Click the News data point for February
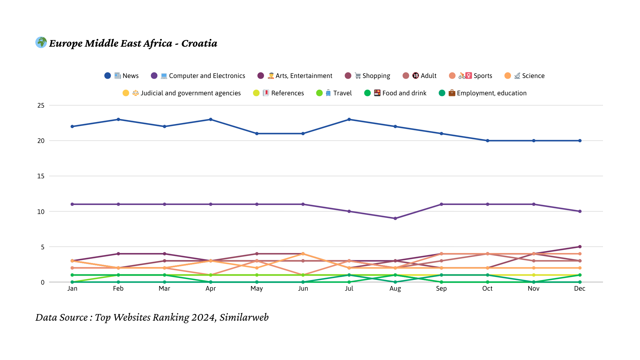point(118,119)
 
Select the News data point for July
point(349,119)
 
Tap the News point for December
point(580,141)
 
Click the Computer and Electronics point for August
point(395,218)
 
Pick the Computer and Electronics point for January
point(72,204)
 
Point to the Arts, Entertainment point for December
point(580,247)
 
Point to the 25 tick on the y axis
point(41,105)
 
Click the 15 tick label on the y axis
point(41,176)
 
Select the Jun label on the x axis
point(303,289)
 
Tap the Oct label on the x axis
point(487,289)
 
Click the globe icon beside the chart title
point(41,42)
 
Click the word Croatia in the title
point(199,43)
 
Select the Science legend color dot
point(508,76)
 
